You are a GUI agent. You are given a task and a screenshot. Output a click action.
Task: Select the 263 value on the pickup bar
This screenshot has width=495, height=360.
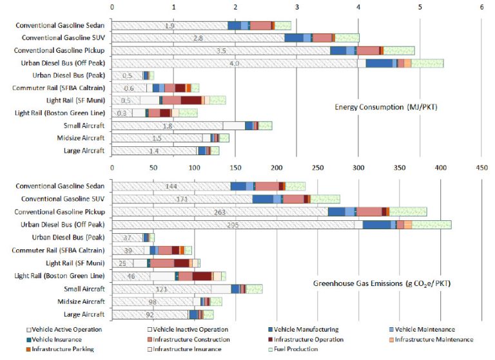click(x=220, y=212)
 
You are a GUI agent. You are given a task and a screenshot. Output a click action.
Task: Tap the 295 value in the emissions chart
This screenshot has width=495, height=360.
click(x=233, y=225)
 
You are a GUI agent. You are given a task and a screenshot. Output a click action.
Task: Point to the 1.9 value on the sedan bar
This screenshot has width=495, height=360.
click(x=170, y=26)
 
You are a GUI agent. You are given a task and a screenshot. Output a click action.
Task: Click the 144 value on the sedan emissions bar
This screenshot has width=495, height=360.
click(x=171, y=186)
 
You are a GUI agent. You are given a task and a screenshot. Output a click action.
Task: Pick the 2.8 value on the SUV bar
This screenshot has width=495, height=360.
click(x=198, y=38)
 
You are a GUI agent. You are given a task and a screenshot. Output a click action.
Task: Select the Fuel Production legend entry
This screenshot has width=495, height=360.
click(x=295, y=349)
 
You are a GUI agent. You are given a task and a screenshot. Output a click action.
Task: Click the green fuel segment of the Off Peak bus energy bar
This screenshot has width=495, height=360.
click(x=427, y=63)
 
